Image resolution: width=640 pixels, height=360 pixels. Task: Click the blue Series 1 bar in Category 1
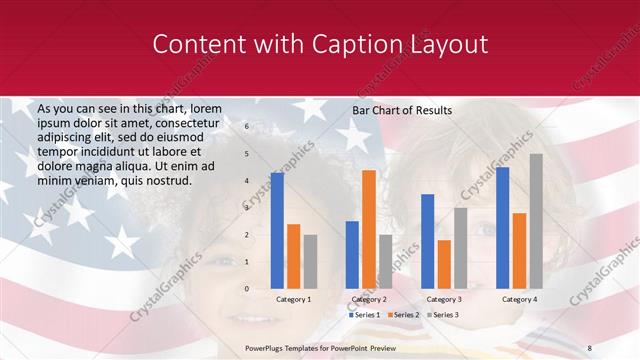coord(277,231)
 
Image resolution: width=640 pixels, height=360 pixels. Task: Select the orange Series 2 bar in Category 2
coord(369,229)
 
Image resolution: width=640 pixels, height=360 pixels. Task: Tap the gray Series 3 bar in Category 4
coord(536,221)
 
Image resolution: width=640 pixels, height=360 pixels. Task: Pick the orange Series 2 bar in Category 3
coord(444,264)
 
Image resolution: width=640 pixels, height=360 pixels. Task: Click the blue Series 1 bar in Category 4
coord(502,228)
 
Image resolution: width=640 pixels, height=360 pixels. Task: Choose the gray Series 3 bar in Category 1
coord(311,262)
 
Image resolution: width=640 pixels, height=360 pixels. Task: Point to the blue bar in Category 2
coord(352,255)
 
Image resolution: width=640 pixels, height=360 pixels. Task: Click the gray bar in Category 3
coord(461,248)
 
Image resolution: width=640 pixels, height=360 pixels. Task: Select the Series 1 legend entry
coord(363,315)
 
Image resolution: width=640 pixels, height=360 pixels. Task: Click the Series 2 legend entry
coord(405,315)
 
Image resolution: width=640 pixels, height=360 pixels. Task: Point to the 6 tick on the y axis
coord(246,127)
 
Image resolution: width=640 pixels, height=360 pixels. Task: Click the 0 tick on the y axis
coord(246,289)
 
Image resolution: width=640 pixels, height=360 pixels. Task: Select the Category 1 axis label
coord(293,299)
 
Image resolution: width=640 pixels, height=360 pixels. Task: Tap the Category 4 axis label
coord(519,299)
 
